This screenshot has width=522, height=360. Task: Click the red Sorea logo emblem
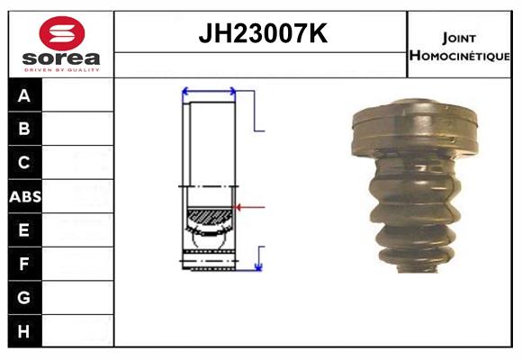click(62, 33)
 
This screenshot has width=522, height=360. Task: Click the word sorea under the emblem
click(61, 58)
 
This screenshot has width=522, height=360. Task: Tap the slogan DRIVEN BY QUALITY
click(62, 70)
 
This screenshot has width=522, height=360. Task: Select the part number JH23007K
click(263, 33)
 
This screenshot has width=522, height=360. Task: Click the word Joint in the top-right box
click(459, 39)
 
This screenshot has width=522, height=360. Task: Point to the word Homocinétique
click(460, 56)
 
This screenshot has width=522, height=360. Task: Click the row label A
click(24, 96)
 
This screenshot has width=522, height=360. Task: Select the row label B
click(24, 129)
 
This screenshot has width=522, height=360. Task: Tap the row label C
click(24, 163)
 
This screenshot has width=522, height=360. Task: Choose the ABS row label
click(25, 196)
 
